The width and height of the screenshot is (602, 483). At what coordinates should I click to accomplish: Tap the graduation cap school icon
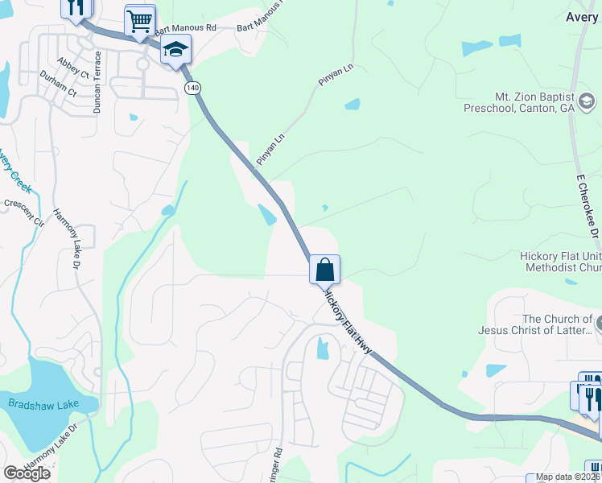point(175,51)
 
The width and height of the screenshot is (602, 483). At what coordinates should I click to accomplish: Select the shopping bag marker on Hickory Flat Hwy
point(325,270)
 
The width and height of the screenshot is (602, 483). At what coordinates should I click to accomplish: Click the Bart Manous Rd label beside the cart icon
point(186,27)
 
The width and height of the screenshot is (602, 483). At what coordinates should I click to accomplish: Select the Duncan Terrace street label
point(97,81)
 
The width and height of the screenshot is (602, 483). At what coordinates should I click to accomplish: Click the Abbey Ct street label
point(72,67)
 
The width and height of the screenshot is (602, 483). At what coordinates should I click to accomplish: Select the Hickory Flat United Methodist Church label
point(560,262)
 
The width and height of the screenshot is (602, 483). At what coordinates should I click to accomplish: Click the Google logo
point(27,473)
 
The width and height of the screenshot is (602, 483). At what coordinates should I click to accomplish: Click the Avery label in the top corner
point(582,16)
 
